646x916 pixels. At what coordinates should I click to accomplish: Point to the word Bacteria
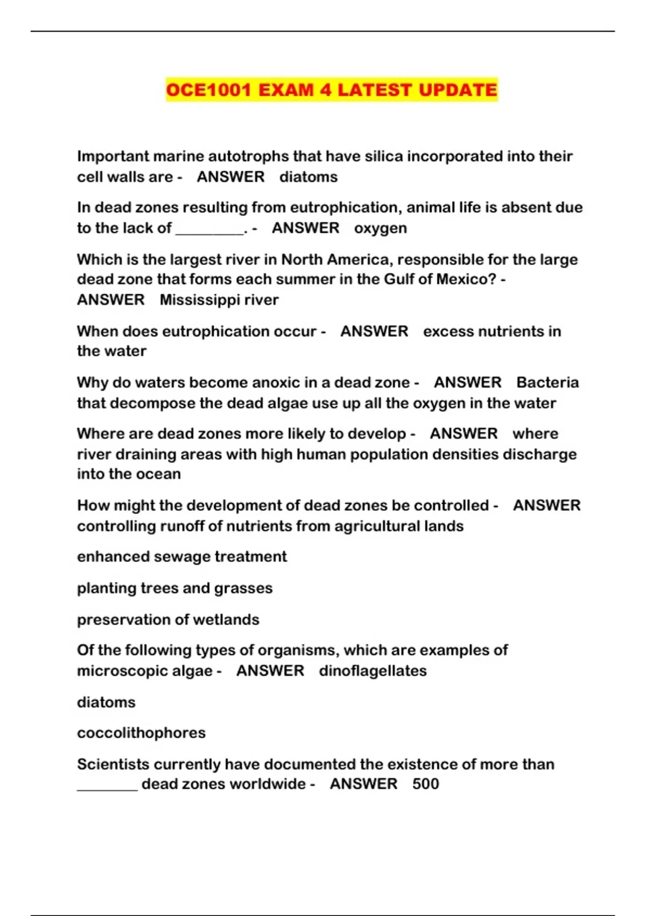click(547, 383)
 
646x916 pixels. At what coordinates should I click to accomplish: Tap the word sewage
click(185, 557)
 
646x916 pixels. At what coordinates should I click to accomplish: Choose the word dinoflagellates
click(373, 671)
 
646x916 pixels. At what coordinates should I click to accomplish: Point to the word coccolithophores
click(141, 733)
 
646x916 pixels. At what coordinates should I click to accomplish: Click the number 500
click(425, 784)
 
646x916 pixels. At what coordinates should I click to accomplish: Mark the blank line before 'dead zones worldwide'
click(108, 787)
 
